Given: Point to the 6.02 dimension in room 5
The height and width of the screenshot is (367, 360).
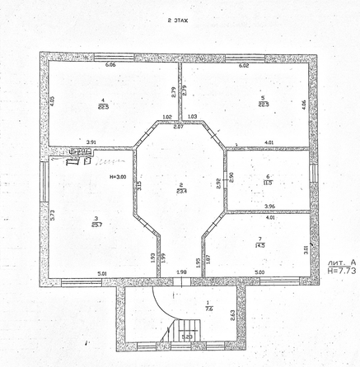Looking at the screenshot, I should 244,64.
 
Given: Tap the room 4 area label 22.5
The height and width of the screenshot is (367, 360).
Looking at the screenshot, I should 103,102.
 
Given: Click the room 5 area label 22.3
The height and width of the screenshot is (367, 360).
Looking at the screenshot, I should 263,101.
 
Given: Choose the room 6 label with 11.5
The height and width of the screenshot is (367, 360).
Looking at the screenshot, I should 268,180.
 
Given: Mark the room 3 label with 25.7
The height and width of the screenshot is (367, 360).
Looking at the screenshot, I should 96,221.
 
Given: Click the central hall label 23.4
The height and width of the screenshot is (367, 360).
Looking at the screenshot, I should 180,188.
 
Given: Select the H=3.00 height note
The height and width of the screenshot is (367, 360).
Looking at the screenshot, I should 118,176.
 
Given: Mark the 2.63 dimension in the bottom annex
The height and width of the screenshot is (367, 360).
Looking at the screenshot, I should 232,314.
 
